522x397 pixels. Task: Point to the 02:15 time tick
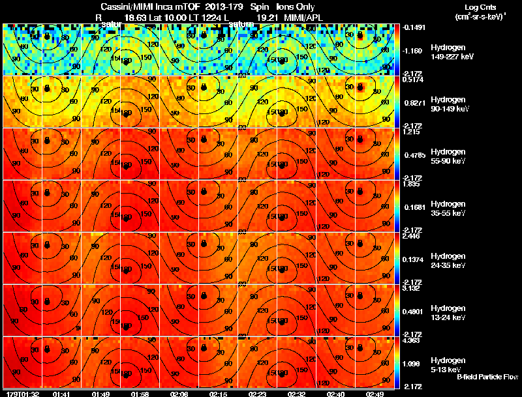(219, 394)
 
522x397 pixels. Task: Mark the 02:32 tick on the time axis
(297, 394)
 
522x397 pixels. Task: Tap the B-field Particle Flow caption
(487, 377)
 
